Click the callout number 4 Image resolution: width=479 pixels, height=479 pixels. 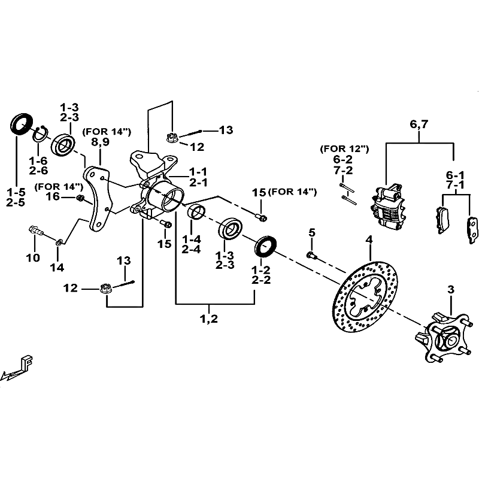click(x=369, y=240)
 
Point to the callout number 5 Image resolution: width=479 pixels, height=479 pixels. click(x=311, y=232)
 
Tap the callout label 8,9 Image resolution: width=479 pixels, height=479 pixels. click(x=100, y=142)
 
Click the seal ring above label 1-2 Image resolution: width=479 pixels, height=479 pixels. click(x=266, y=245)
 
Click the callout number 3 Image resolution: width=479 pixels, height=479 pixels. click(x=450, y=289)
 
